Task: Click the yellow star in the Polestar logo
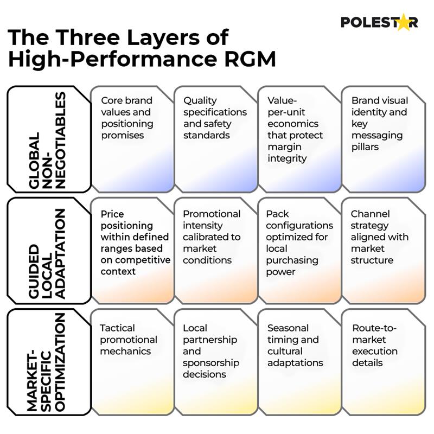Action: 403,22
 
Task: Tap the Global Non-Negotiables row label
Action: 47,139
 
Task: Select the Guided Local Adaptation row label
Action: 47,251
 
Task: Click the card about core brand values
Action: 131,139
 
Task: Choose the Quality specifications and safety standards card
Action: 215,139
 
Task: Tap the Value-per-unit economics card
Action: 298,139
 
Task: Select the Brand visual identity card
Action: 383,139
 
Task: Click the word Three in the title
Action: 96,37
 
